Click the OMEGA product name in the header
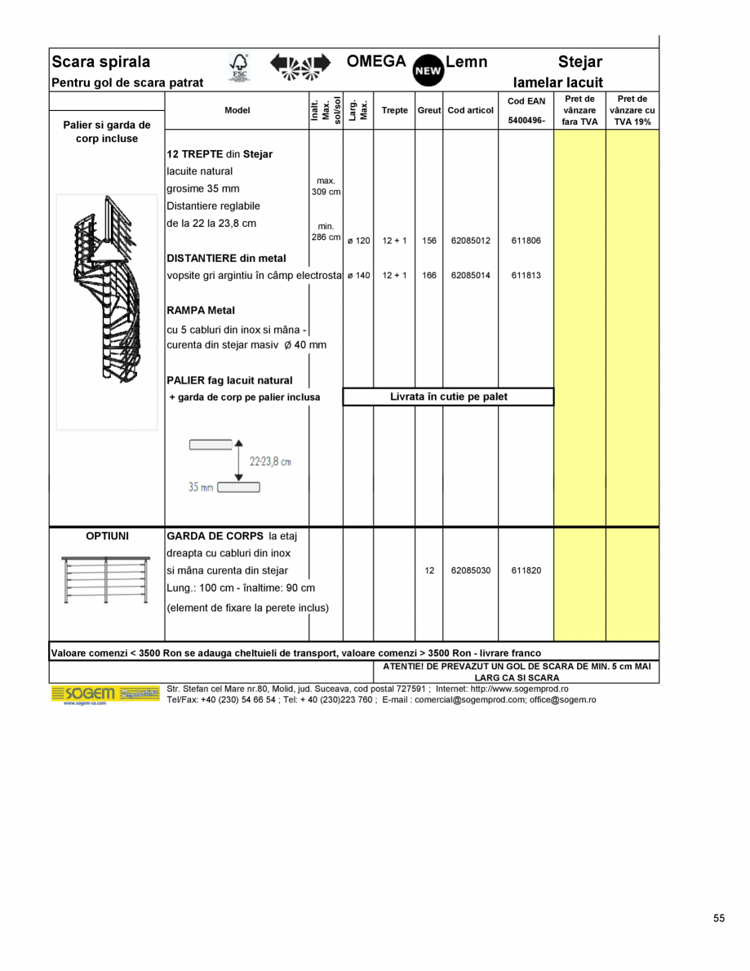click(x=376, y=62)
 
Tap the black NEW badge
click(x=428, y=71)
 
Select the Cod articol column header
click(x=470, y=111)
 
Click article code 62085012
click(x=470, y=242)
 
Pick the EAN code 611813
click(x=526, y=276)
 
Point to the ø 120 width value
click(x=358, y=242)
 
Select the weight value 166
click(x=429, y=276)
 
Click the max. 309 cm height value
click(x=326, y=187)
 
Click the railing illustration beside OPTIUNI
click(x=106, y=579)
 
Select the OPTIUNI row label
click(x=107, y=537)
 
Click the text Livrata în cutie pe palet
click(x=448, y=397)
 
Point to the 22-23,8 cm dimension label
click(x=269, y=462)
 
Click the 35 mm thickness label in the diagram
click(x=200, y=487)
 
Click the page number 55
click(x=718, y=918)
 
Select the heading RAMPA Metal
click(x=201, y=311)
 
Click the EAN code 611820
click(x=526, y=571)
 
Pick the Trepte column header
click(x=394, y=111)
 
